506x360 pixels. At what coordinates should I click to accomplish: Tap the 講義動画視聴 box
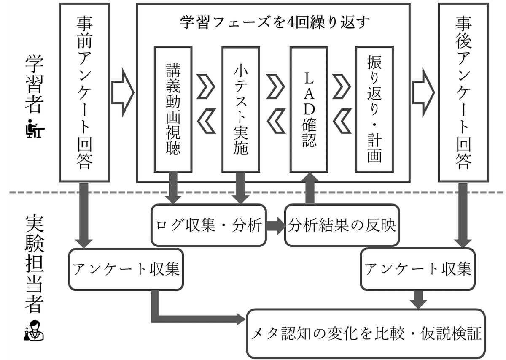tap(173, 109)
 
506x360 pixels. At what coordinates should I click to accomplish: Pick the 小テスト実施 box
tap(241, 109)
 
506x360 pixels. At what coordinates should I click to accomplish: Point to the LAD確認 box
tap(309, 109)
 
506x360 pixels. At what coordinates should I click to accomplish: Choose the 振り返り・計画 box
tap(374, 109)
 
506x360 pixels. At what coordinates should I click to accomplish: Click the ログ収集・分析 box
tap(209, 225)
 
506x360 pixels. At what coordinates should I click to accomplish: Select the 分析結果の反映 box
tap(341, 225)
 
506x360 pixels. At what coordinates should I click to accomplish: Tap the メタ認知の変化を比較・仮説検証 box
tap(366, 333)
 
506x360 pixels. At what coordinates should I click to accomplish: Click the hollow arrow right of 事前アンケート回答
tap(123, 92)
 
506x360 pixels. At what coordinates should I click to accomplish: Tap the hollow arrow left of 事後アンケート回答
tap(423, 92)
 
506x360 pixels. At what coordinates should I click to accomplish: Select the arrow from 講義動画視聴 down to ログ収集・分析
tap(173, 187)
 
